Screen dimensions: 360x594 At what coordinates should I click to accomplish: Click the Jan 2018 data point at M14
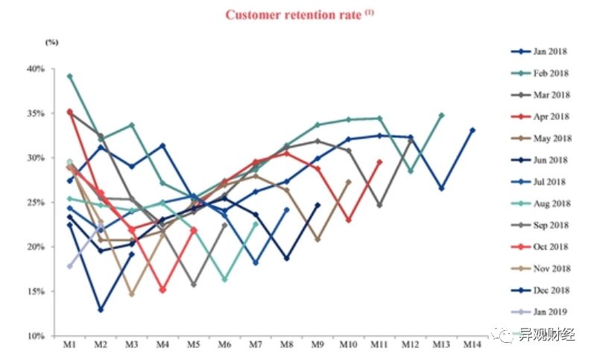click(x=473, y=130)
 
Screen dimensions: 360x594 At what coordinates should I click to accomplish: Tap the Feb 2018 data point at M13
click(x=441, y=116)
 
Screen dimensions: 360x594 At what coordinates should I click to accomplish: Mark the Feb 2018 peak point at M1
click(x=69, y=76)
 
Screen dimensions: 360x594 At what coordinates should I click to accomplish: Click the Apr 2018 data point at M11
click(x=379, y=162)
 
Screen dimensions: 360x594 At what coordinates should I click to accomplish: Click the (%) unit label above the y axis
click(x=51, y=42)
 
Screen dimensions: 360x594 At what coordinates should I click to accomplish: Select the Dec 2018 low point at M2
click(x=100, y=309)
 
